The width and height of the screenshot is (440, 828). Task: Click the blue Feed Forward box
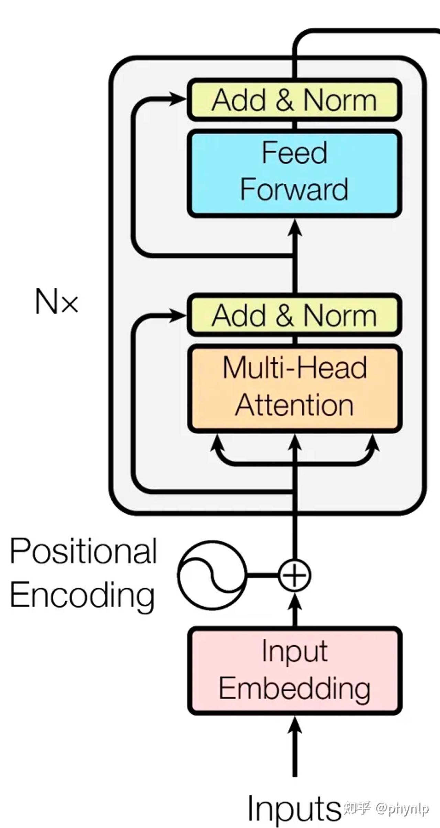coord(295,173)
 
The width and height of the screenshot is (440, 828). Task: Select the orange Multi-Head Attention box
coord(295,388)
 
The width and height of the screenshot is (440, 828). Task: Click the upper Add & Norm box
coord(295,100)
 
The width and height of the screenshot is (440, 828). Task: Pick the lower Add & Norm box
coord(295,315)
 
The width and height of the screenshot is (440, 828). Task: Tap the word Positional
coord(83,552)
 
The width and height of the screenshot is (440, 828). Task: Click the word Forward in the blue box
coord(294,190)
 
